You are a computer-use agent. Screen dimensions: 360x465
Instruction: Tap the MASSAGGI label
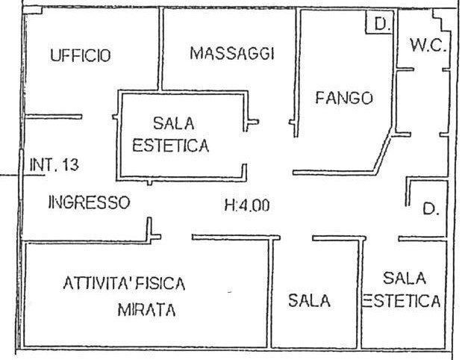coord(232,53)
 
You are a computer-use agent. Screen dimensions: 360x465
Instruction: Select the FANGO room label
coord(343,98)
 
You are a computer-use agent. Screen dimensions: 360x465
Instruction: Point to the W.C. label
coord(427,47)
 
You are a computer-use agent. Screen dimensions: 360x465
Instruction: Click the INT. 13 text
coord(54,165)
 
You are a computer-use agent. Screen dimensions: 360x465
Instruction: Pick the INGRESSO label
coord(89,202)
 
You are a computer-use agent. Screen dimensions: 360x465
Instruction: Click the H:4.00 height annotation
coord(246,206)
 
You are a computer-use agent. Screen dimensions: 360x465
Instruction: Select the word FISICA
coord(160,284)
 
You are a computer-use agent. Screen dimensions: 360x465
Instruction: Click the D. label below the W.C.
coord(430,210)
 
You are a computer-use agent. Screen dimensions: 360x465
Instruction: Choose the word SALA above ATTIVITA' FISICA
coord(171,123)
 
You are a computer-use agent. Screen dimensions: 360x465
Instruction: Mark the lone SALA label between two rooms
coord(309,301)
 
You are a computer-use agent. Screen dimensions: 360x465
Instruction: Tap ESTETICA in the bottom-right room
coord(402,301)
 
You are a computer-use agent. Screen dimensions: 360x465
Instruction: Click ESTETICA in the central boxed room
coord(171,146)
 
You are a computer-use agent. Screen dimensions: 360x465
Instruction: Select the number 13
coord(70,165)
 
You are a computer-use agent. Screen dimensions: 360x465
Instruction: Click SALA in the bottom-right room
coord(404,279)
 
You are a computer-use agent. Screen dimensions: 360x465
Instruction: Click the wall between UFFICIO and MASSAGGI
coord(160,49)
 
